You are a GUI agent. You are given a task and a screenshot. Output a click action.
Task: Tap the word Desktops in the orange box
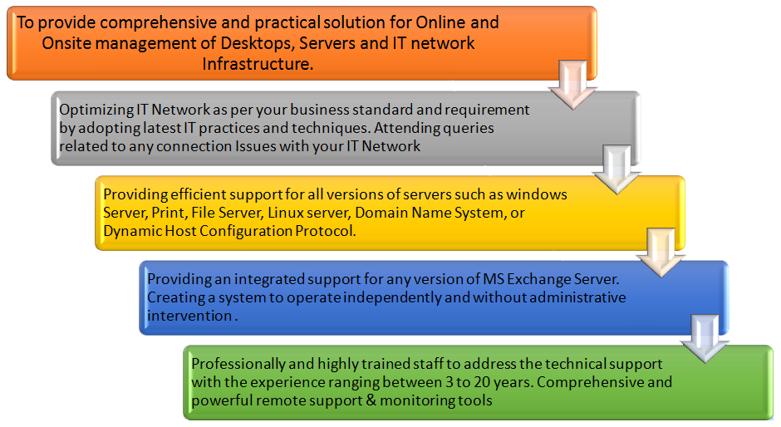coord(257,43)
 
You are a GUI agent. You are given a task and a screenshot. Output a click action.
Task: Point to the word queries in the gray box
coord(469,129)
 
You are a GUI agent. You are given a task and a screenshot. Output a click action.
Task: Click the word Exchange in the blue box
coord(539,279)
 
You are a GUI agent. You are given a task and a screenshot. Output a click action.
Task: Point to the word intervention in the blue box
coord(189,316)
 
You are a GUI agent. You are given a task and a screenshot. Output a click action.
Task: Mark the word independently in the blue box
coord(392,298)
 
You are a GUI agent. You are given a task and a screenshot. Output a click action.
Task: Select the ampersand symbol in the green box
coord(371,400)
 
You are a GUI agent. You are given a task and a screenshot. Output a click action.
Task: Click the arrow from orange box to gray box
coord(572,85)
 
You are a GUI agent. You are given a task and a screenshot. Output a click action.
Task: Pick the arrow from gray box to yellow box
coord(616,169)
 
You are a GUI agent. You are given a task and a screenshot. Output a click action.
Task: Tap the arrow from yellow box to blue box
coord(661,253)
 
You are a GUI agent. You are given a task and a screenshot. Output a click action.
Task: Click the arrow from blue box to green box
coord(705,339)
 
